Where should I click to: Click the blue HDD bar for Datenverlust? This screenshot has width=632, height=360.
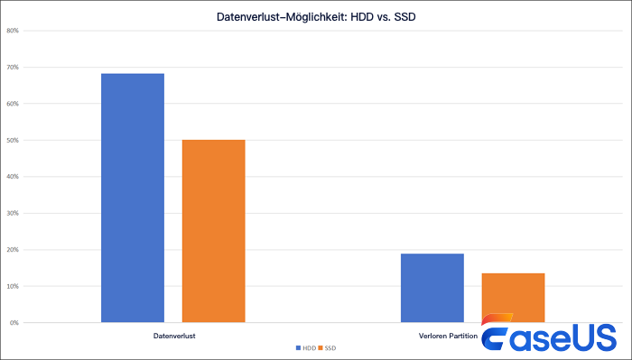tap(133, 198)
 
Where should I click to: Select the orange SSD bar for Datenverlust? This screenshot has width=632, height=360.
tap(213, 231)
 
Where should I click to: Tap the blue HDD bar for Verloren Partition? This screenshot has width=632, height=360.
tap(432, 288)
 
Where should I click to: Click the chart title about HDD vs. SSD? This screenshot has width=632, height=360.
tap(316, 15)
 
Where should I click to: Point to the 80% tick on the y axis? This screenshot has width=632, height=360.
tap(13, 31)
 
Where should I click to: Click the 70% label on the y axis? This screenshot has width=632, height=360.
tap(13, 68)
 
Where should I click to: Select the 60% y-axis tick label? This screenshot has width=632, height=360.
tap(13, 104)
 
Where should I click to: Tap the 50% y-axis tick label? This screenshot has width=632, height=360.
tap(13, 141)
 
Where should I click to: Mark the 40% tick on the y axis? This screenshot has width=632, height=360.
tap(13, 177)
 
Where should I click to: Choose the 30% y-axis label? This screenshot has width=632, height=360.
tap(13, 214)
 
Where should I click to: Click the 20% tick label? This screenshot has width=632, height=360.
tap(13, 250)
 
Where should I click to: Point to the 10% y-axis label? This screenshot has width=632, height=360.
tap(13, 286)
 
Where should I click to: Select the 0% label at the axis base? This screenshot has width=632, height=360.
tap(14, 323)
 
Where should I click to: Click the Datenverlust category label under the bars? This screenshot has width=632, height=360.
tap(173, 336)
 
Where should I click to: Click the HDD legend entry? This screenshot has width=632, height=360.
tap(306, 347)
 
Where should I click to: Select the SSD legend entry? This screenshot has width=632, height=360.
tap(329, 347)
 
